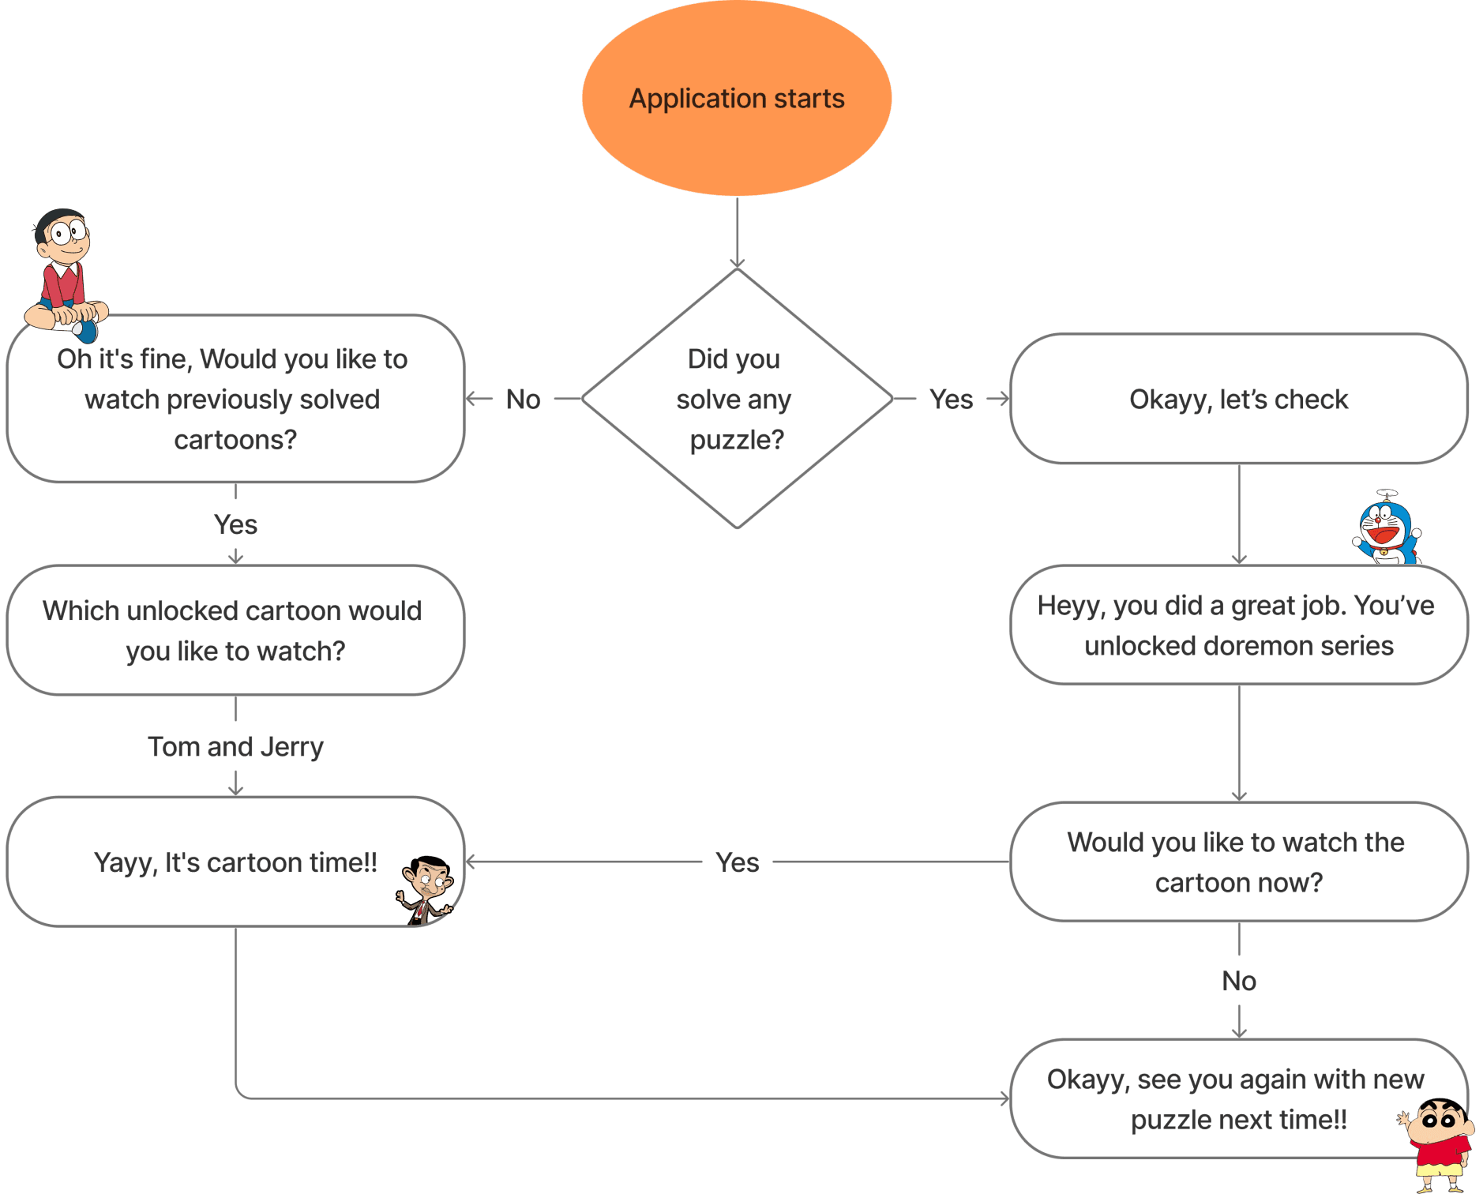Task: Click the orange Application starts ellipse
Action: point(737,99)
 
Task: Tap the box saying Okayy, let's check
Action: point(1238,400)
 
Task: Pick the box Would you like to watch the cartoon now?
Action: point(1238,862)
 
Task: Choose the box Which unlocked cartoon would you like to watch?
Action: point(235,630)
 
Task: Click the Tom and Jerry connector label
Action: point(235,747)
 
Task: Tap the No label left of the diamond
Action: point(523,400)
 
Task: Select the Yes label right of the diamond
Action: point(951,400)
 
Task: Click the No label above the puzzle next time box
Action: point(1238,981)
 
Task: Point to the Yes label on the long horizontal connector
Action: point(737,862)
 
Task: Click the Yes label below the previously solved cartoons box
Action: point(235,524)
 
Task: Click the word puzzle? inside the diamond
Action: point(737,440)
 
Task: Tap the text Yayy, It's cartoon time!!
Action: point(235,862)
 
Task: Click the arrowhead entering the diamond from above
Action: point(737,263)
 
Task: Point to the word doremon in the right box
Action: point(1254,646)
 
